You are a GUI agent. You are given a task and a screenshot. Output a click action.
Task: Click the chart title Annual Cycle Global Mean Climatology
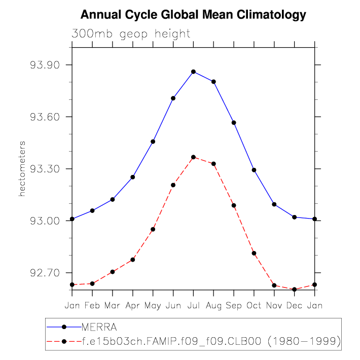193,15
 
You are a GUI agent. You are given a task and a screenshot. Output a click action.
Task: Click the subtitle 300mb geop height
131,34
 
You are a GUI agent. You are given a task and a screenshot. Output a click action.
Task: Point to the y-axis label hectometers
22,169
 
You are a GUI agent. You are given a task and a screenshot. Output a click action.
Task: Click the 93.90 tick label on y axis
45,65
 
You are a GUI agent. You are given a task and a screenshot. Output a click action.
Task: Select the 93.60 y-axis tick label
45,117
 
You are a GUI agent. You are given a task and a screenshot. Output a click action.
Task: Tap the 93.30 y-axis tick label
45,169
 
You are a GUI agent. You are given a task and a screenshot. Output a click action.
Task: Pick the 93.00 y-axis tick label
45,221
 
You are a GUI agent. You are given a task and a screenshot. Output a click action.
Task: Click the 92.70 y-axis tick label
45,273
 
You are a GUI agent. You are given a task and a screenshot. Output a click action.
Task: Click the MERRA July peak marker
193,71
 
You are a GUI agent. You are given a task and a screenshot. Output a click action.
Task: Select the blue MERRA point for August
213,82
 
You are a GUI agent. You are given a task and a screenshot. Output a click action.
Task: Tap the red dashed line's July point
193,157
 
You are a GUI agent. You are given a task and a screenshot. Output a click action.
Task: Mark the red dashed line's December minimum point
295,290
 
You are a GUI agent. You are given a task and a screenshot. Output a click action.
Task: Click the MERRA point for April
133,177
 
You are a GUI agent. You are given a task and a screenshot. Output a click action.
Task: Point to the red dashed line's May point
153,229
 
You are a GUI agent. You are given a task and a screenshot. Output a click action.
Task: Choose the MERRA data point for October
254,170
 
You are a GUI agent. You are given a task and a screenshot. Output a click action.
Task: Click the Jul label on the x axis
193,306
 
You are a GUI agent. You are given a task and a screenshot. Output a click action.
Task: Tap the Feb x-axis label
92,306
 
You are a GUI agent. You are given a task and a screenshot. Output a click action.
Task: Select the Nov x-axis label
274,306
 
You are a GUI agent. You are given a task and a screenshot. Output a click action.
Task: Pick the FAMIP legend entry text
210,341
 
